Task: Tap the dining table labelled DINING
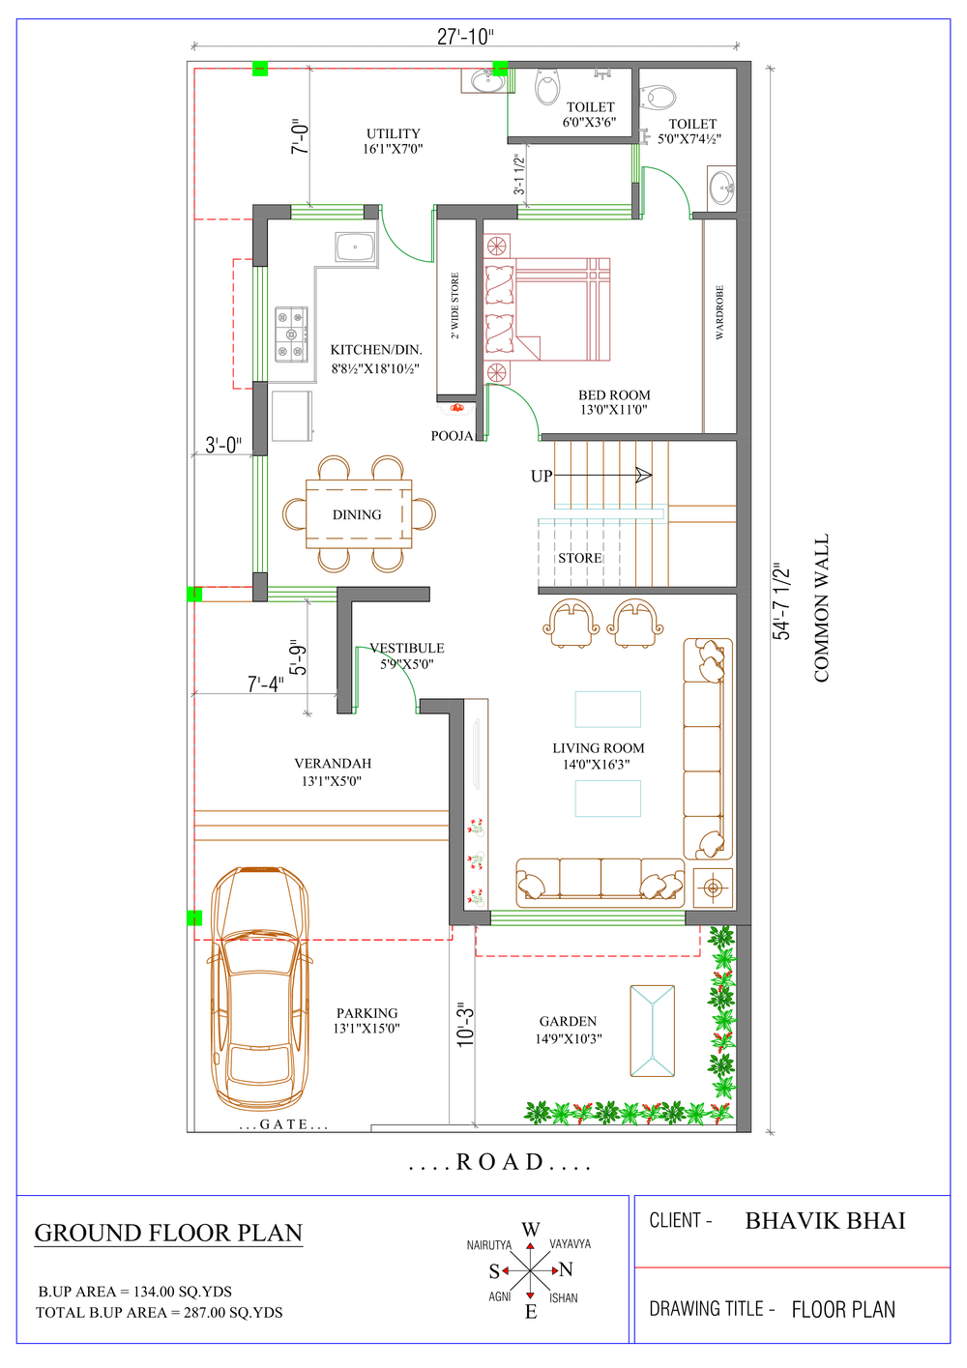coord(359,514)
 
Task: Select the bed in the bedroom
coord(546,309)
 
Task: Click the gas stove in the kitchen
coord(291,335)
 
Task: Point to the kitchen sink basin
coord(355,247)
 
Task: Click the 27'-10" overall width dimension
coord(465,38)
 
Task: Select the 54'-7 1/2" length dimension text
coord(781,601)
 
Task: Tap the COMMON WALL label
coord(821,608)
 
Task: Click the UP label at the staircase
coord(542,476)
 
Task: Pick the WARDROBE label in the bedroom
coord(719,312)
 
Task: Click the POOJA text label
coord(452,435)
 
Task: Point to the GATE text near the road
coord(283,1124)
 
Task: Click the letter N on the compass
coord(567,1269)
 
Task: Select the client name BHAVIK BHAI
coord(825,1220)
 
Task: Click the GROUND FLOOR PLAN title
coord(168,1233)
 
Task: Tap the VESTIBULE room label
coord(407,648)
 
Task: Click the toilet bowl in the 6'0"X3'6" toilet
coord(547,87)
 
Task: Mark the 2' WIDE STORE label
coord(455,306)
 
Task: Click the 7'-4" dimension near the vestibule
coord(266,684)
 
